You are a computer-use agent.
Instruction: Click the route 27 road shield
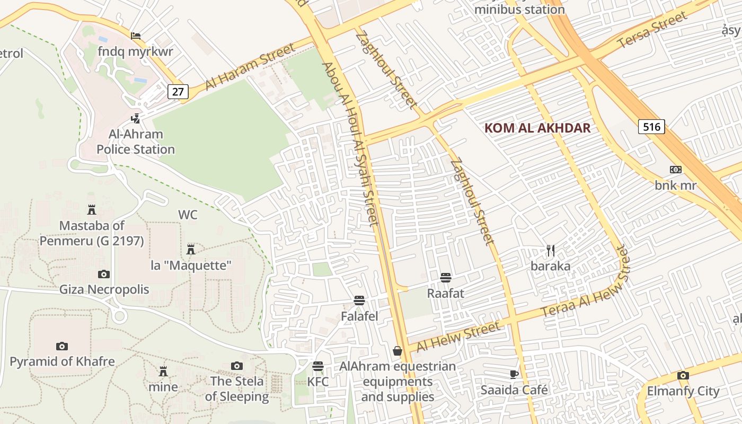(x=178, y=91)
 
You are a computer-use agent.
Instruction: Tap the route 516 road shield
(x=651, y=127)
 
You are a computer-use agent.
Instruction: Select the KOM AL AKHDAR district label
(x=537, y=128)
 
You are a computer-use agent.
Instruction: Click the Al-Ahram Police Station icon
(x=136, y=118)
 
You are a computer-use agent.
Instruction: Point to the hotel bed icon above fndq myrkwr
(x=136, y=36)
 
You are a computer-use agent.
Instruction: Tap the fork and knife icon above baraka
(x=551, y=250)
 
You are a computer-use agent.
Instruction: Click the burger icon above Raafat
(x=445, y=277)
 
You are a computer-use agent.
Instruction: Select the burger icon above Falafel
(x=359, y=301)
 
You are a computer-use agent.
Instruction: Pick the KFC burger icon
(x=318, y=366)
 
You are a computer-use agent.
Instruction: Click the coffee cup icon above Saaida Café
(x=514, y=374)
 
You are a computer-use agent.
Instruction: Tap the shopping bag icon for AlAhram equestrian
(x=397, y=350)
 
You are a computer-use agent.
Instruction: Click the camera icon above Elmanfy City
(x=683, y=375)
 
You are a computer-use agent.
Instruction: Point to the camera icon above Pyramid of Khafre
(x=62, y=346)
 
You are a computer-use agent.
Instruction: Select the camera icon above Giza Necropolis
(x=104, y=274)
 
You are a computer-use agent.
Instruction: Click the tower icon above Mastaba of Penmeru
(x=92, y=209)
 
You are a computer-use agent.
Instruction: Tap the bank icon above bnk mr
(x=675, y=170)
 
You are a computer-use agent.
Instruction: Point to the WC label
(x=188, y=215)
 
